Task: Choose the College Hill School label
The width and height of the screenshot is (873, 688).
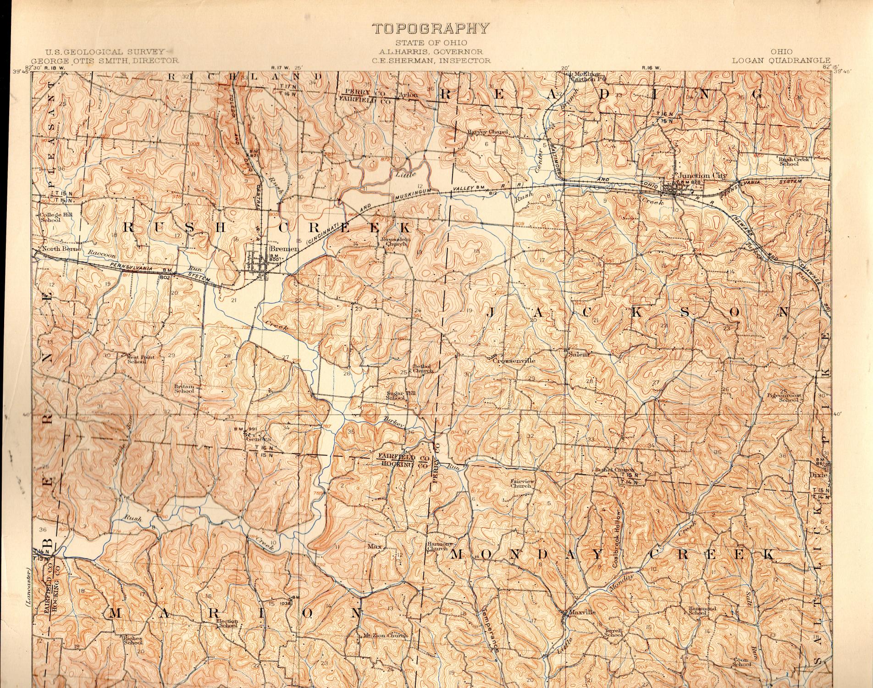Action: tap(53, 217)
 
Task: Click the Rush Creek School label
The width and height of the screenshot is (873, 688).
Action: tap(794, 161)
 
